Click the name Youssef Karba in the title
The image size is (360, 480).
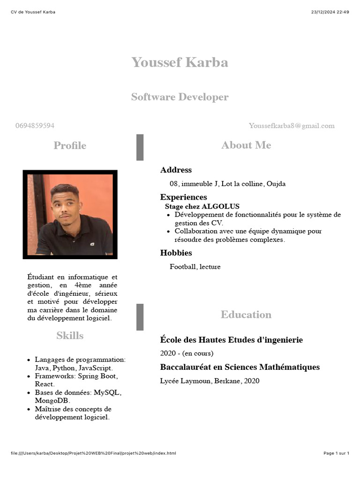(180, 62)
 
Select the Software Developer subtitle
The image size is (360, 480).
(180, 97)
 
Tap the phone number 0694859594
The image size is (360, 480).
(35, 126)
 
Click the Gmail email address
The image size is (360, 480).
(292, 126)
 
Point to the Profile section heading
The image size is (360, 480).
(70, 145)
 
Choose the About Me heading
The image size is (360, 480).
(246, 145)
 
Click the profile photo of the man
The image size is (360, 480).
(70, 214)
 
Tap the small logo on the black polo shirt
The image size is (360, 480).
(93, 244)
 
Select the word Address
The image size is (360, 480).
(176, 170)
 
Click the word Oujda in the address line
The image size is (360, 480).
(276, 184)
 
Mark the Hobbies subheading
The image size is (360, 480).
(176, 253)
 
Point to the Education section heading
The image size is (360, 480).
(246, 315)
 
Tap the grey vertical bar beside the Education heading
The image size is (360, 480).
(140, 317)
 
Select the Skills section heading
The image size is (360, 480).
(70, 336)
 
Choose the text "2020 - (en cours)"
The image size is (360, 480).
(187, 353)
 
